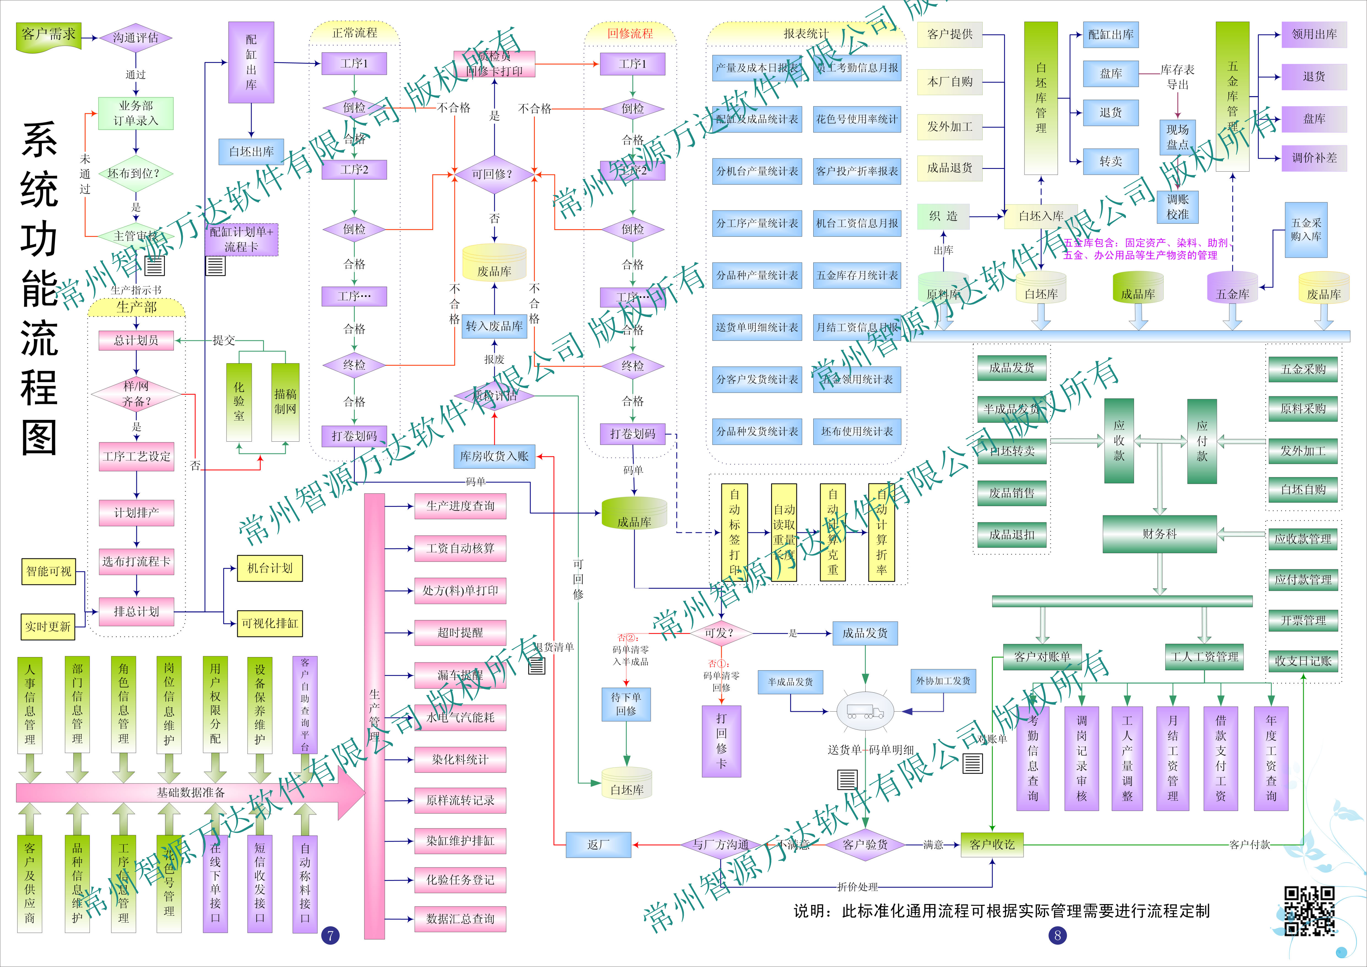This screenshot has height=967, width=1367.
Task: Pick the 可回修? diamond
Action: pos(494,174)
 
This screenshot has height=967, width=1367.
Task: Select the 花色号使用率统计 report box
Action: pos(857,119)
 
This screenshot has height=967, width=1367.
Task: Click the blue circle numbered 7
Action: pos(330,935)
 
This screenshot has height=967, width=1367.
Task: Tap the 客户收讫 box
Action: pos(992,844)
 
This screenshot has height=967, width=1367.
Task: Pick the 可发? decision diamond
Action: pos(720,633)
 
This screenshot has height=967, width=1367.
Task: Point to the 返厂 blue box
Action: pos(598,844)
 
